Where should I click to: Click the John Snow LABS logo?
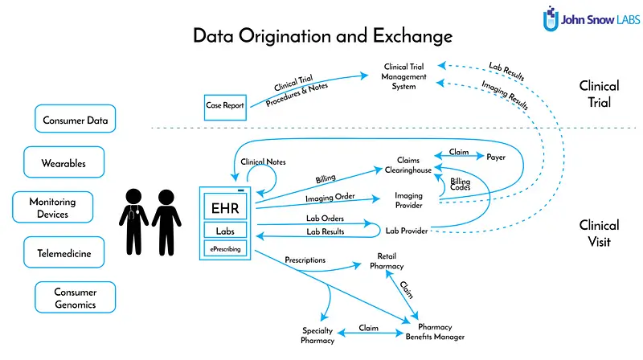(591, 18)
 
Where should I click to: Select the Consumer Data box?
(75, 119)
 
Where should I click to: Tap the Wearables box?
(64, 162)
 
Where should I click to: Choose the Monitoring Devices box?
(53, 207)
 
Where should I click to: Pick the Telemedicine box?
(64, 252)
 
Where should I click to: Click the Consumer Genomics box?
(75, 297)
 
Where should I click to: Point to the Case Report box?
(225, 108)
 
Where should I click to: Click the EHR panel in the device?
(225, 207)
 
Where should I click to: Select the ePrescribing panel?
(225, 249)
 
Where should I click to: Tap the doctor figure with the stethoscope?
(133, 222)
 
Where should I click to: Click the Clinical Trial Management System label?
(404, 76)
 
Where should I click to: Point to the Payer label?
(496, 157)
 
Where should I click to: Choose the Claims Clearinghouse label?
(408, 165)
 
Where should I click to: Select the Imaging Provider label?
(408, 200)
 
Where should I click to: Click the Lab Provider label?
(407, 231)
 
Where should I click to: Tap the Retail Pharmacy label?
(387, 261)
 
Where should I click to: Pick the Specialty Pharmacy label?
(317, 335)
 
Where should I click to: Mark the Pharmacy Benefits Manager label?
(435, 332)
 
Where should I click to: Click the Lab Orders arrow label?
(325, 218)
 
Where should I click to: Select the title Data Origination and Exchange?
(323, 36)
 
